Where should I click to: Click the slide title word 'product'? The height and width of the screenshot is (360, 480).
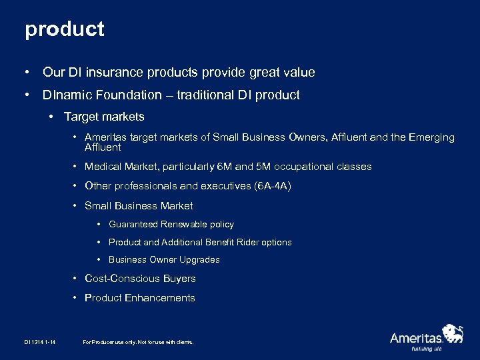pos(65,29)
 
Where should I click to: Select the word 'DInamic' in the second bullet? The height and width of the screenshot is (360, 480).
pos(65,95)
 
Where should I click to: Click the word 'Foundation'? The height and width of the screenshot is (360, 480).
pos(126,95)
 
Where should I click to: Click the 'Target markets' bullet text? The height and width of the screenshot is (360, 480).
pos(104,117)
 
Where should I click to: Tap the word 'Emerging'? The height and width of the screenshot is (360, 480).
pos(432,137)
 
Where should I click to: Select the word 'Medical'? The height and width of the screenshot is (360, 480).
pos(102,167)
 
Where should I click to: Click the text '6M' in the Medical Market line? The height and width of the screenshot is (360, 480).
pos(224,167)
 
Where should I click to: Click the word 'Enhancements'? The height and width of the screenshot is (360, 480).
pos(160,298)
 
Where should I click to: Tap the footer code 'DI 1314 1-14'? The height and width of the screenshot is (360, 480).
pos(40,342)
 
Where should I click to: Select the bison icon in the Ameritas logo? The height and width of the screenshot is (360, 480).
pos(453,333)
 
